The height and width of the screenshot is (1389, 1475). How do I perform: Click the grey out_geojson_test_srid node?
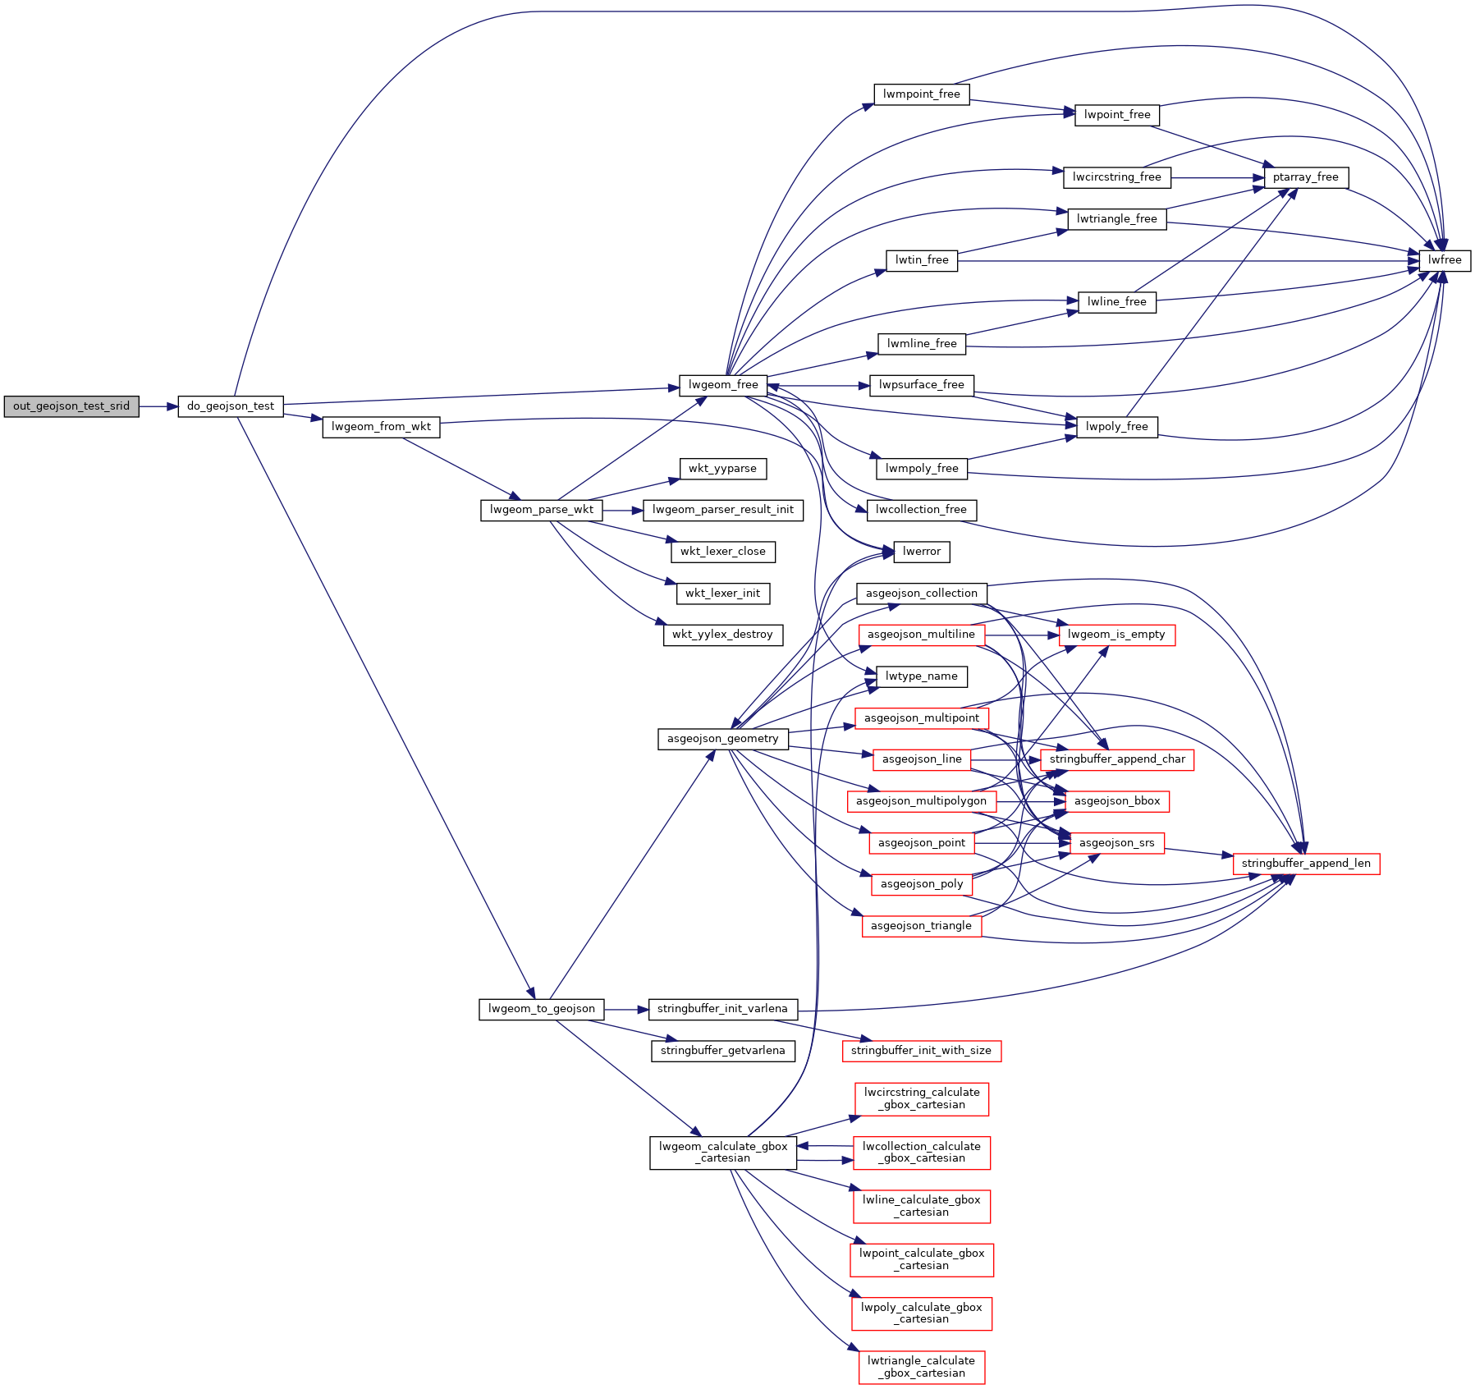71,406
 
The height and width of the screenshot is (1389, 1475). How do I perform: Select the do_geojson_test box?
231,406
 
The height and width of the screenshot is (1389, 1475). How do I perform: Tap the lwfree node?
1445,260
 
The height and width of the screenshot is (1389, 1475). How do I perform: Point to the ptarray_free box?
1305,177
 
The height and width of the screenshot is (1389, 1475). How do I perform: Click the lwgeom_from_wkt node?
381,427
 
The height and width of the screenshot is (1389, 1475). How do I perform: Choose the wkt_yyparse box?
722,469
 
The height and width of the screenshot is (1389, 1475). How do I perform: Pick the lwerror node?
921,552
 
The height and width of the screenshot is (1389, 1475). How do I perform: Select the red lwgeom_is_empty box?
1116,635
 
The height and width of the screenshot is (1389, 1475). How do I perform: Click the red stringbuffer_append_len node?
1305,864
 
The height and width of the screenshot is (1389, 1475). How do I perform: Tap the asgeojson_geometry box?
722,739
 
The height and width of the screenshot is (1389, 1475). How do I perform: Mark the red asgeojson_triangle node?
921,926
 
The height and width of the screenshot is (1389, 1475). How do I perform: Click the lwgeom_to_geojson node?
541,1009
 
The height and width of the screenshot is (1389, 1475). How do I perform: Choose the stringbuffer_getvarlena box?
722,1051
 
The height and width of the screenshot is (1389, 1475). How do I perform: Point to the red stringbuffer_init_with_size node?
921,1051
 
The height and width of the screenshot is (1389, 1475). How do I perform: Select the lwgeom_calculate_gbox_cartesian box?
722,1153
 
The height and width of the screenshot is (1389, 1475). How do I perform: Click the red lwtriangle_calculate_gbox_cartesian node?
921,1367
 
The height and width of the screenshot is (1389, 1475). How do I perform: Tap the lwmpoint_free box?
921,94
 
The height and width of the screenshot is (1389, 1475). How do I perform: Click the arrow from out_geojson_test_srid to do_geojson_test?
158,406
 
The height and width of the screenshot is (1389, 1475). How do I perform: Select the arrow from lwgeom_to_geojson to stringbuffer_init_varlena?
626,1009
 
